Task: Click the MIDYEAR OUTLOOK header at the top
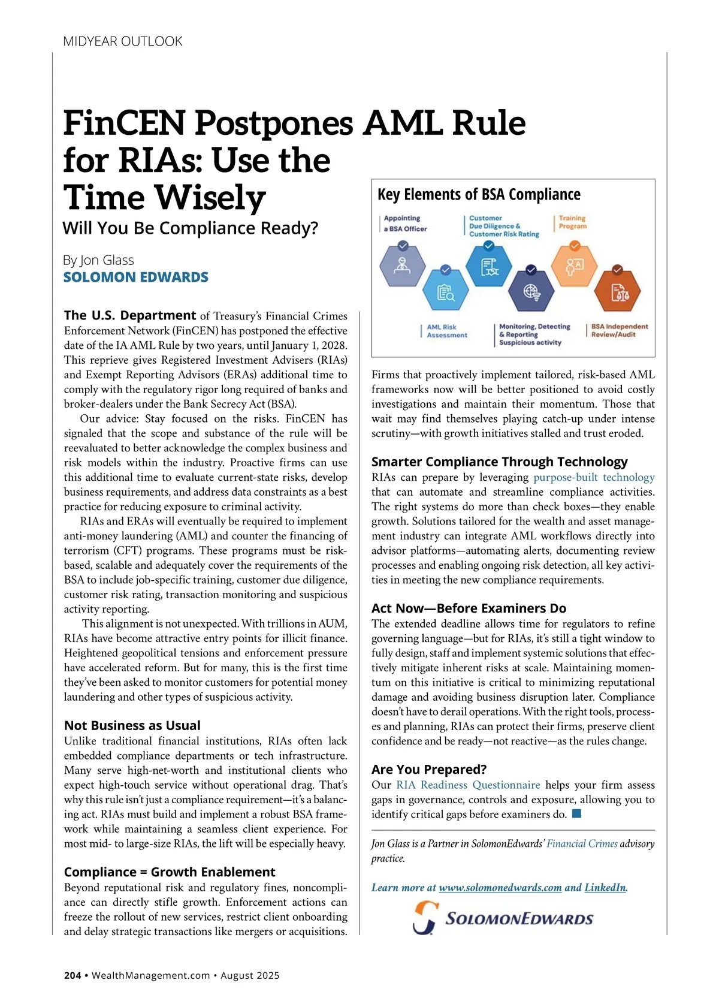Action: pos(123,41)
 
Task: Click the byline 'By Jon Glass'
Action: pos(98,260)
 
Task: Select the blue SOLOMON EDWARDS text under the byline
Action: pos(136,277)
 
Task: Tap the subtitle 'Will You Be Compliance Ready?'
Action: pos(191,228)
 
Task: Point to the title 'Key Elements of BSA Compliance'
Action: pos(479,195)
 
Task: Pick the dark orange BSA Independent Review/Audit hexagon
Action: pos(617,292)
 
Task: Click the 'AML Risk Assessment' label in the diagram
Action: pos(446,331)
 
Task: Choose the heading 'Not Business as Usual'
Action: pos(132,725)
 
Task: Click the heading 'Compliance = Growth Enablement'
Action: pos(170,872)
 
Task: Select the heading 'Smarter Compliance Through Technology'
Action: pos(499,462)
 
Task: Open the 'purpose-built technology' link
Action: pos(594,478)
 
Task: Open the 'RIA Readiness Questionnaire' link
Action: pos(468,785)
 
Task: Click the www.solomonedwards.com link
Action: pos(500,888)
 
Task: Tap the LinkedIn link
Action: pos(605,888)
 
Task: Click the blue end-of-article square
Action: pos(576,813)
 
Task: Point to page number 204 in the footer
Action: pos(72,975)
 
